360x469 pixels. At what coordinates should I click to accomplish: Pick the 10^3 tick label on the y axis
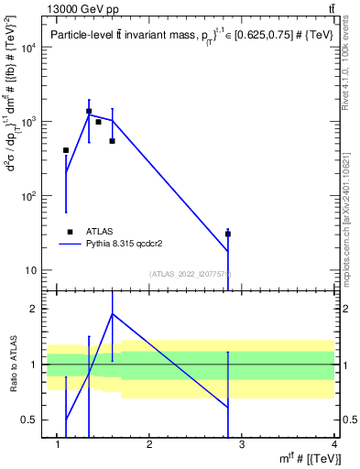pos(27,122)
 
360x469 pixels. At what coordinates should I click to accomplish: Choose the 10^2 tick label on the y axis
pos(27,196)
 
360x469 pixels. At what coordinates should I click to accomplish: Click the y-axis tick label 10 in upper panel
pos(30,270)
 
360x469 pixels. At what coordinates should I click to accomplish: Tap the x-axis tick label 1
pos(57,443)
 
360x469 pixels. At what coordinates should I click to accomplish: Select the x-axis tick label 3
pos(242,443)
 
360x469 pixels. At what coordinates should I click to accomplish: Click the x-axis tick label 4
pos(334,443)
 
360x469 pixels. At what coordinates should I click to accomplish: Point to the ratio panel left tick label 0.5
pos(29,420)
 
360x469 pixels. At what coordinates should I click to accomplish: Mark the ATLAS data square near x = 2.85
pos(228,234)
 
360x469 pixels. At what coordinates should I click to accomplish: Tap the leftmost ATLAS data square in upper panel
pos(66,150)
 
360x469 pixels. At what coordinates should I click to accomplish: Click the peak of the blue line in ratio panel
pos(112,313)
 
